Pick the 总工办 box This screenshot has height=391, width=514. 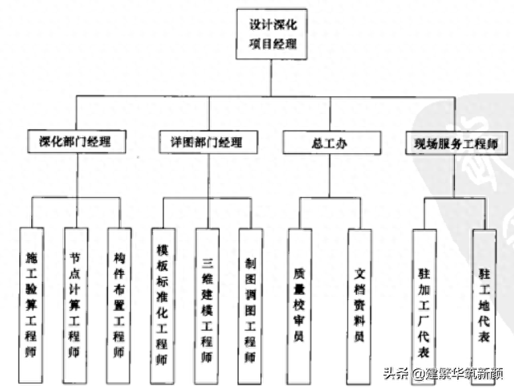(x=331, y=142)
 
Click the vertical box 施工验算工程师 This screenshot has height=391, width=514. (x=32, y=306)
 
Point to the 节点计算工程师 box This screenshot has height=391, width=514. (x=75, y=306)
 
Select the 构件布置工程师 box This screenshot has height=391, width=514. (x=119, y=306)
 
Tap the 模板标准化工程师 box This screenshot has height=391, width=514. (x=162, y=306)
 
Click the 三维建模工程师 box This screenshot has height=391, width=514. (x=206, y=306)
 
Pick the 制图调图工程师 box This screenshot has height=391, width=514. (x=250, y=306)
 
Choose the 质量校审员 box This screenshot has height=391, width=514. (x=299, y=306)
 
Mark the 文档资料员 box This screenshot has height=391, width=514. (x=358, y=306)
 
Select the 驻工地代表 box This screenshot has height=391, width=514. (x=484, y=306)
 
